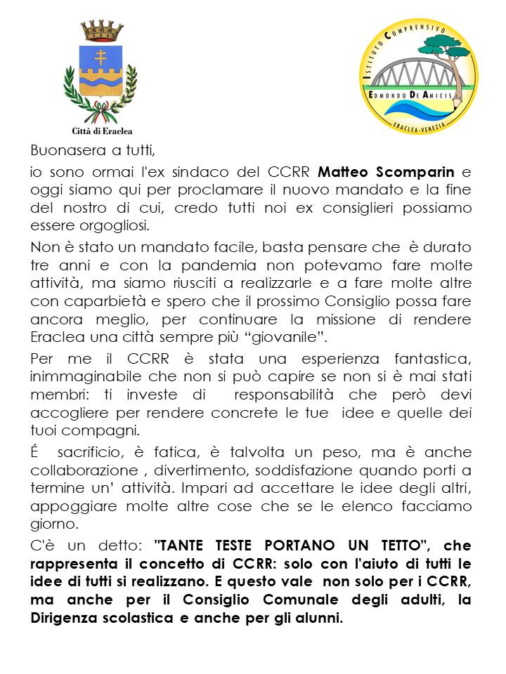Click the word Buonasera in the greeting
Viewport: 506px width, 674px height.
pyautogui.click(x=64, y=150)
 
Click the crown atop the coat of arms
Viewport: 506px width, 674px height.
pyautogui.click(x=102, y=30)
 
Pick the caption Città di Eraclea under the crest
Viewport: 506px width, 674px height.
pyautogui.click(x=102, y=131)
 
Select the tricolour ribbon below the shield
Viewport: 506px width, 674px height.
pyautogui.click(x=102, y=110)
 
